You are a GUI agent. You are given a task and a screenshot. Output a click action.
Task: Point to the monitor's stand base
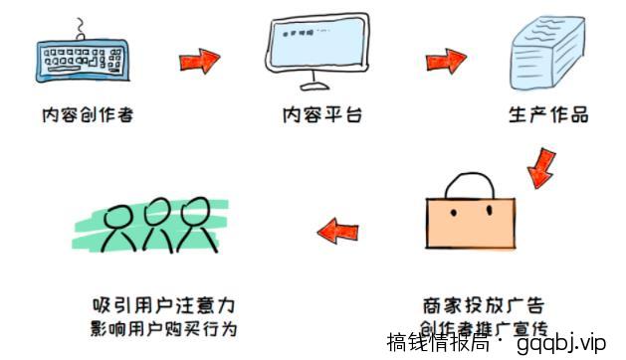316,88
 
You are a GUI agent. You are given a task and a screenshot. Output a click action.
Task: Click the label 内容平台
320,115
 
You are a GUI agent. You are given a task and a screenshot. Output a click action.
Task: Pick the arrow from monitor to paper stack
447,61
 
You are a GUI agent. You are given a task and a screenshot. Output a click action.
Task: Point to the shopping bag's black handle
469,186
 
